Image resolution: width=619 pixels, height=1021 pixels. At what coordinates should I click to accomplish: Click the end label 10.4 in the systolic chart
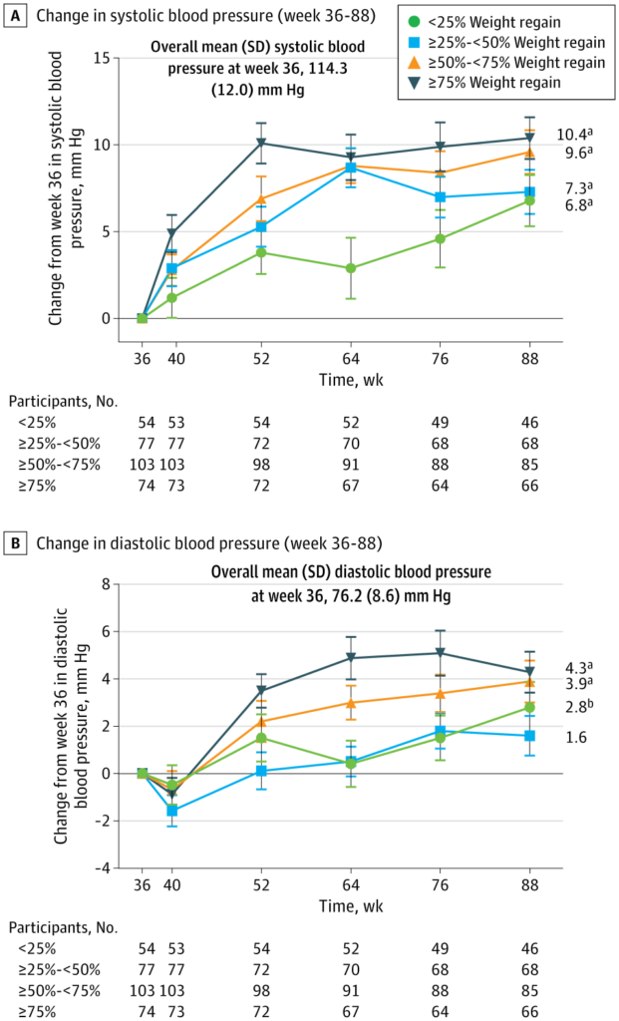tap(570, 135)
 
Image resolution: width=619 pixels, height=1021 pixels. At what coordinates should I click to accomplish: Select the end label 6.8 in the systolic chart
tap(569, 205)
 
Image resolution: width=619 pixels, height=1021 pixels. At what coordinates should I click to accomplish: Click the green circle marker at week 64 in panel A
tap(350, 268)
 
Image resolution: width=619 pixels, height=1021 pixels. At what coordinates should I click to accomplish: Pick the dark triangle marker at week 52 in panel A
tap(261, 144)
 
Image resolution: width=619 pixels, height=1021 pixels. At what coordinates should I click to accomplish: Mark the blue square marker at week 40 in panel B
tap(171, 811)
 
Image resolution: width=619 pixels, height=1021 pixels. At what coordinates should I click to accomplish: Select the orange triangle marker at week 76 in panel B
tap(440, 693)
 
